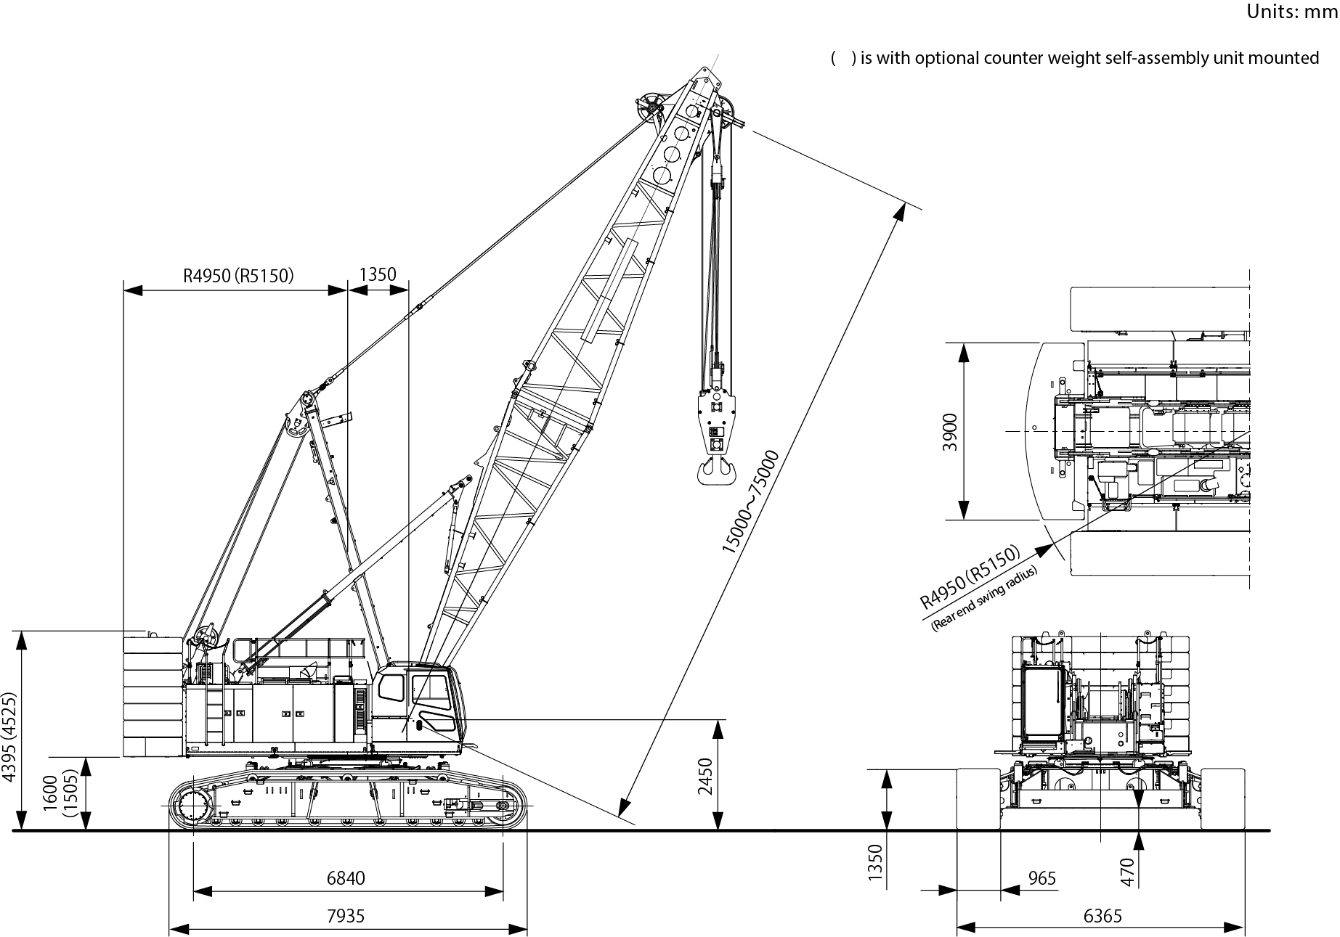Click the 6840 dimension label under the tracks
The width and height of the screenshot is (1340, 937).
pyautogui.click(x=346, y=878)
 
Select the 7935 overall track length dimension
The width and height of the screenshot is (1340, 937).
pyautogui.click(x=346, y=916)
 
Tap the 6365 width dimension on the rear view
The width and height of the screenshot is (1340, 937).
pyautogui.click(x=1103, y=916)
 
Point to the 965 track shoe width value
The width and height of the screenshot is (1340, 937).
pyautogui.click(x=1041, y=878)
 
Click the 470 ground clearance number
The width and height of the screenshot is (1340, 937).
pyautogui.click(x=1126, y=872)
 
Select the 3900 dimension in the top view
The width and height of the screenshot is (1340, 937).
pyautogui.click(x=950, y=432)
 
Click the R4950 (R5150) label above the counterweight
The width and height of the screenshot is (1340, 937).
pyautogui.click(x=237, y=275)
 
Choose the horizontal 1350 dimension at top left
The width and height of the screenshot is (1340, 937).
pyautogui.click(x=378, y=274)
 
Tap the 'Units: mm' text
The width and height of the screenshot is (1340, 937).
pyautogui.click(x=1292, y=12)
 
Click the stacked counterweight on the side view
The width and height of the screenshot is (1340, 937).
pyautogui.click(x=153, y=697)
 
